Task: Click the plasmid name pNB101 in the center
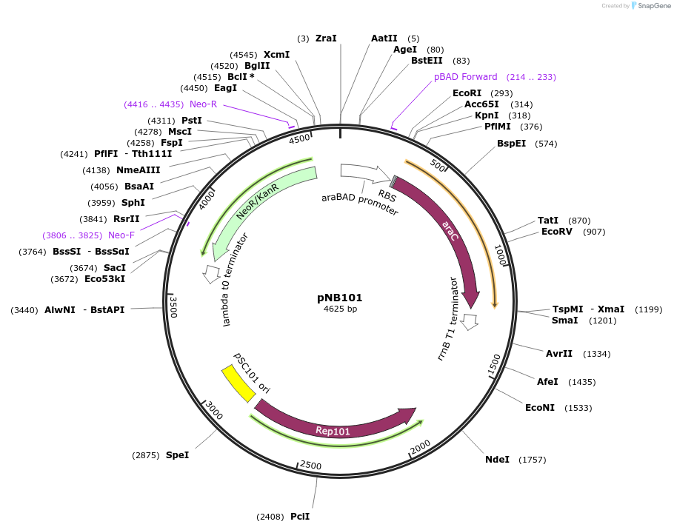[x=340, y=298]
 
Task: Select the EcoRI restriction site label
[x=467, y=93]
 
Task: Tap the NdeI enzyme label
[x=497, y=460]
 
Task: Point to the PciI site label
[x=300, y=517]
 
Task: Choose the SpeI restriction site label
[x=177, y=455]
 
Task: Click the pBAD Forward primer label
[x=465, y=77]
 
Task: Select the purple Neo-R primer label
[x=203, y=104]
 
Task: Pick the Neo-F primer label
[x=121, y=235]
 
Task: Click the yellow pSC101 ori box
[x=238, y=383]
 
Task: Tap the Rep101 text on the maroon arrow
[x=333, y=431]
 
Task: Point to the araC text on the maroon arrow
[x=450, y=229]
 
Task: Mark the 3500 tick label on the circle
[x=173, y=307]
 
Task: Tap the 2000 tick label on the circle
[x=420, y=446]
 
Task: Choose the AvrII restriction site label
[x=558, y=354]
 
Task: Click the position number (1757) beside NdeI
[x=533, y=460]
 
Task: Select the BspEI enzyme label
[x=511, y=144]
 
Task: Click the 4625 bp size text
[x=340, y=309]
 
